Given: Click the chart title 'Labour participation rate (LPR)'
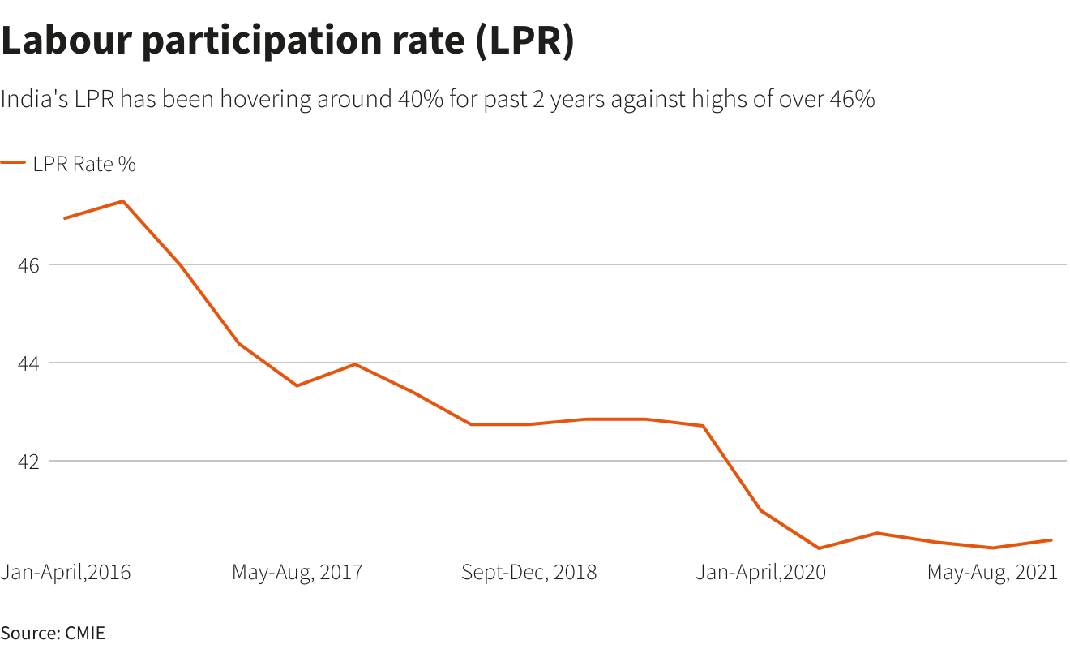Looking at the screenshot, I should point(287,42).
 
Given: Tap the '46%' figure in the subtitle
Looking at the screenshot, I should point(851,100).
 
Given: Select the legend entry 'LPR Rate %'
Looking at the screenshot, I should point(84,164).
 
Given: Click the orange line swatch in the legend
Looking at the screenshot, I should point(13,163).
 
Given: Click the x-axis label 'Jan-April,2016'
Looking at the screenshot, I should point(66,572).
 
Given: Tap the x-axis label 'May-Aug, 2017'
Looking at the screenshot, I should point(297,572).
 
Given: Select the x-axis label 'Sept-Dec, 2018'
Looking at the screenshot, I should point(529,572).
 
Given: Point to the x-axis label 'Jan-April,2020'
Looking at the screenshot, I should point(761,572).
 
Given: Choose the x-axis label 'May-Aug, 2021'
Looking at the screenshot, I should point(992,572).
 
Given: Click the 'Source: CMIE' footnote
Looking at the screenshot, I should point(53,633).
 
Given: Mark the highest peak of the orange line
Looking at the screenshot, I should point(122,200).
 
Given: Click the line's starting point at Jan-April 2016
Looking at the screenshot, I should point(64,218).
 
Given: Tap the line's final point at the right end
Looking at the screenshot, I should point(1051,539).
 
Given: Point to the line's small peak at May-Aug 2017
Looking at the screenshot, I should point(355,364).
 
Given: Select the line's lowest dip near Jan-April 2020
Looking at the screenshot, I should point(820,548).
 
